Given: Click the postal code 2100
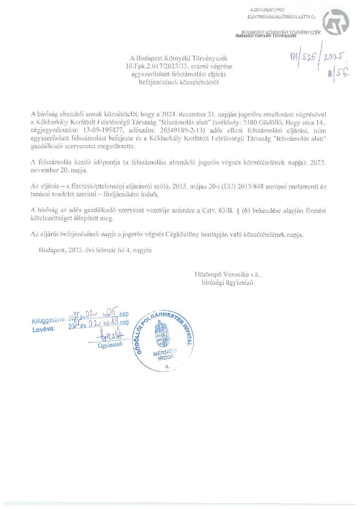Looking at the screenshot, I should tap(252, 122).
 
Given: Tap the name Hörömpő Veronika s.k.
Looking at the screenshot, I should tap(227, 275).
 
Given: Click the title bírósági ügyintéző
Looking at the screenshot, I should tap(227, 283).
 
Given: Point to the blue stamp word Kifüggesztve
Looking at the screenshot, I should tap(49, 320).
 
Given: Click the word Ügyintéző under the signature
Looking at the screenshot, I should tap(109, 346).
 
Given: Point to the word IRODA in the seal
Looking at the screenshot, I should tap(166, 358).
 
